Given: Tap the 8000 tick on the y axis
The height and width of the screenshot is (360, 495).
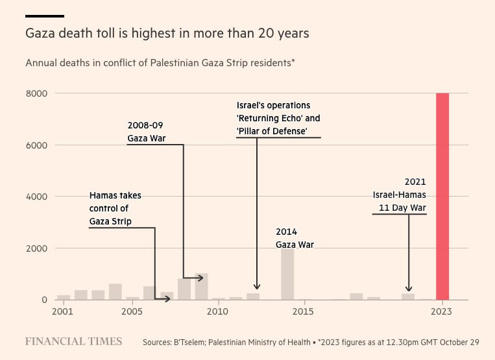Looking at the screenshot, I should (x=36, y=93).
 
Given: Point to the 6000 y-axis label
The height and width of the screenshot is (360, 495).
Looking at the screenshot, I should (x=36, y=145).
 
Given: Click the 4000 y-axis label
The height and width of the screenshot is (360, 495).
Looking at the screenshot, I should (x=36, y=197).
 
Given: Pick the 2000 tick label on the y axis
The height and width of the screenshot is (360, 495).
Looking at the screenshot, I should (x=36, y=248).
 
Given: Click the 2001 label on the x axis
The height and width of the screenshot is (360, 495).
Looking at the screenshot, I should (x=63, y=312).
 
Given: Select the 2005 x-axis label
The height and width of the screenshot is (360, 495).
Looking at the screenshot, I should (x=132, y=312).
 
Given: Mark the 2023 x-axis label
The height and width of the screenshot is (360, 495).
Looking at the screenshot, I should (x=442, y=312).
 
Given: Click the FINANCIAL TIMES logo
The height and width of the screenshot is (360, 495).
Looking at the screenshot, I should (x=73, y=341).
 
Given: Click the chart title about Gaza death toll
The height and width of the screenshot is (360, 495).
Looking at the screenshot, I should (x=167, y=32).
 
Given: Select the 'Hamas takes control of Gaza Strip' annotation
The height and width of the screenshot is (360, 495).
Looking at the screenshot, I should (x=115, y=208).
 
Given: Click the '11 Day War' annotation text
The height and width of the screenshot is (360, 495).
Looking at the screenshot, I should (x=403, y=208).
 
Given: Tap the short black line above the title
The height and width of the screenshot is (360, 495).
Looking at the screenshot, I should (x=45, y=16).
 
